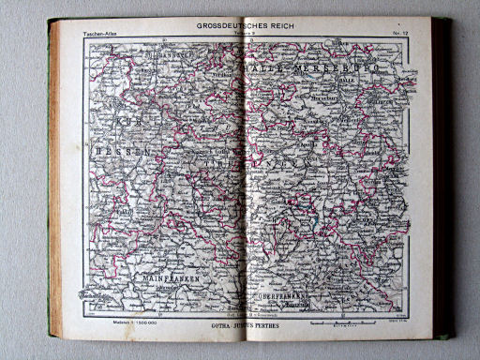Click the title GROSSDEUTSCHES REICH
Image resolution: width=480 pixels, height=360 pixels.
click(245, 27)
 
